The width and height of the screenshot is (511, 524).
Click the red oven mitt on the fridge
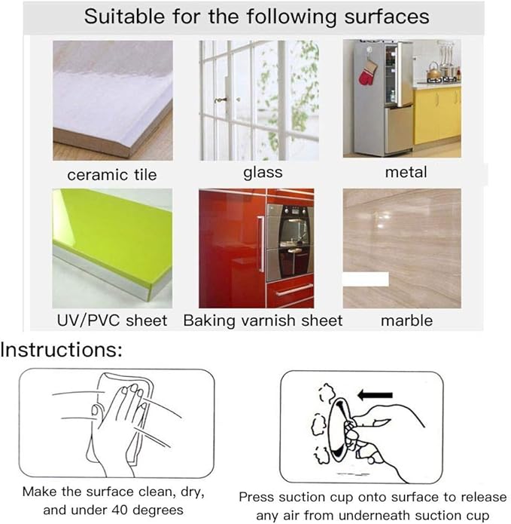tap(367, 73)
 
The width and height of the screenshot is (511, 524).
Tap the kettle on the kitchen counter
tap(432, 70)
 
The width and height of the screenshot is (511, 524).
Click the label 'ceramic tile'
tap(111, 175)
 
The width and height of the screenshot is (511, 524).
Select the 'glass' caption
tap(263, 173)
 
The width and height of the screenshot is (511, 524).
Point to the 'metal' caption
tap(406, 173)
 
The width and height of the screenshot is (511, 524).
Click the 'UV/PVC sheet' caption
tap(112, 320)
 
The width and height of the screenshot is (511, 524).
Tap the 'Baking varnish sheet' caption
tap(263, 320)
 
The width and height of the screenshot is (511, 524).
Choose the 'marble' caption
tap(406, 320)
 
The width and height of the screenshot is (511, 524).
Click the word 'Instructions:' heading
tap(62, 350)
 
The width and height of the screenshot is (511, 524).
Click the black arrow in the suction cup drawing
tap(375, 395)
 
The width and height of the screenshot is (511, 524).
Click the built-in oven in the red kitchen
tap(290, 243)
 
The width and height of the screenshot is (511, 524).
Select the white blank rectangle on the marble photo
tap(366, 279)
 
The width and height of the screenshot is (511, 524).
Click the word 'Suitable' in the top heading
tap(124, 17)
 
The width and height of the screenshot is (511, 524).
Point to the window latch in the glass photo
tap(221, 100)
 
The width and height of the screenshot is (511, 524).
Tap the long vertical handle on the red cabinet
tap(260, 244)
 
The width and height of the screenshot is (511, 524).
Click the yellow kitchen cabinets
tap(437, 115)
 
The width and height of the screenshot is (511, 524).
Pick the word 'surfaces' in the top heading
tap(387, 17)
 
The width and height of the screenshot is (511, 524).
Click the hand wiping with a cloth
tap(120, 424)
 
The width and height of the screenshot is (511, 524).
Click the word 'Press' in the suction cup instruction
tap(257, 498)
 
